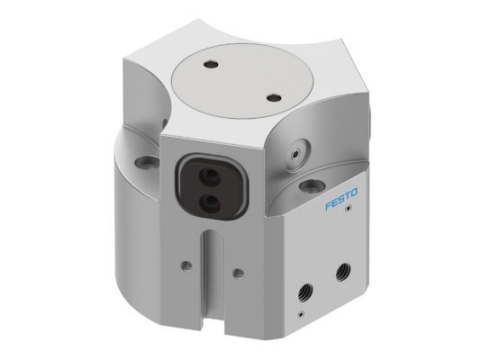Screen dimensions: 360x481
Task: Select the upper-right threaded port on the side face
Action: pyautogui.click(x=343, y=269)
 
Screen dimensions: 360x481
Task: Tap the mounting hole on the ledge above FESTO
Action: pyautogui.click(x=312, y=184)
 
